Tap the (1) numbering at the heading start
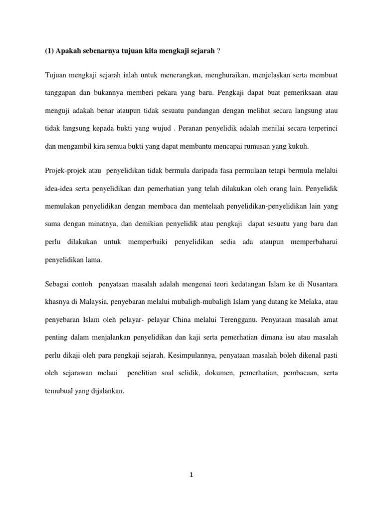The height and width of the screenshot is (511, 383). coord(50,51)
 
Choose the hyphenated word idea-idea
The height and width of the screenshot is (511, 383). coord(60,190)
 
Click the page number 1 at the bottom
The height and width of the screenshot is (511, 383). coord(191,475)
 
